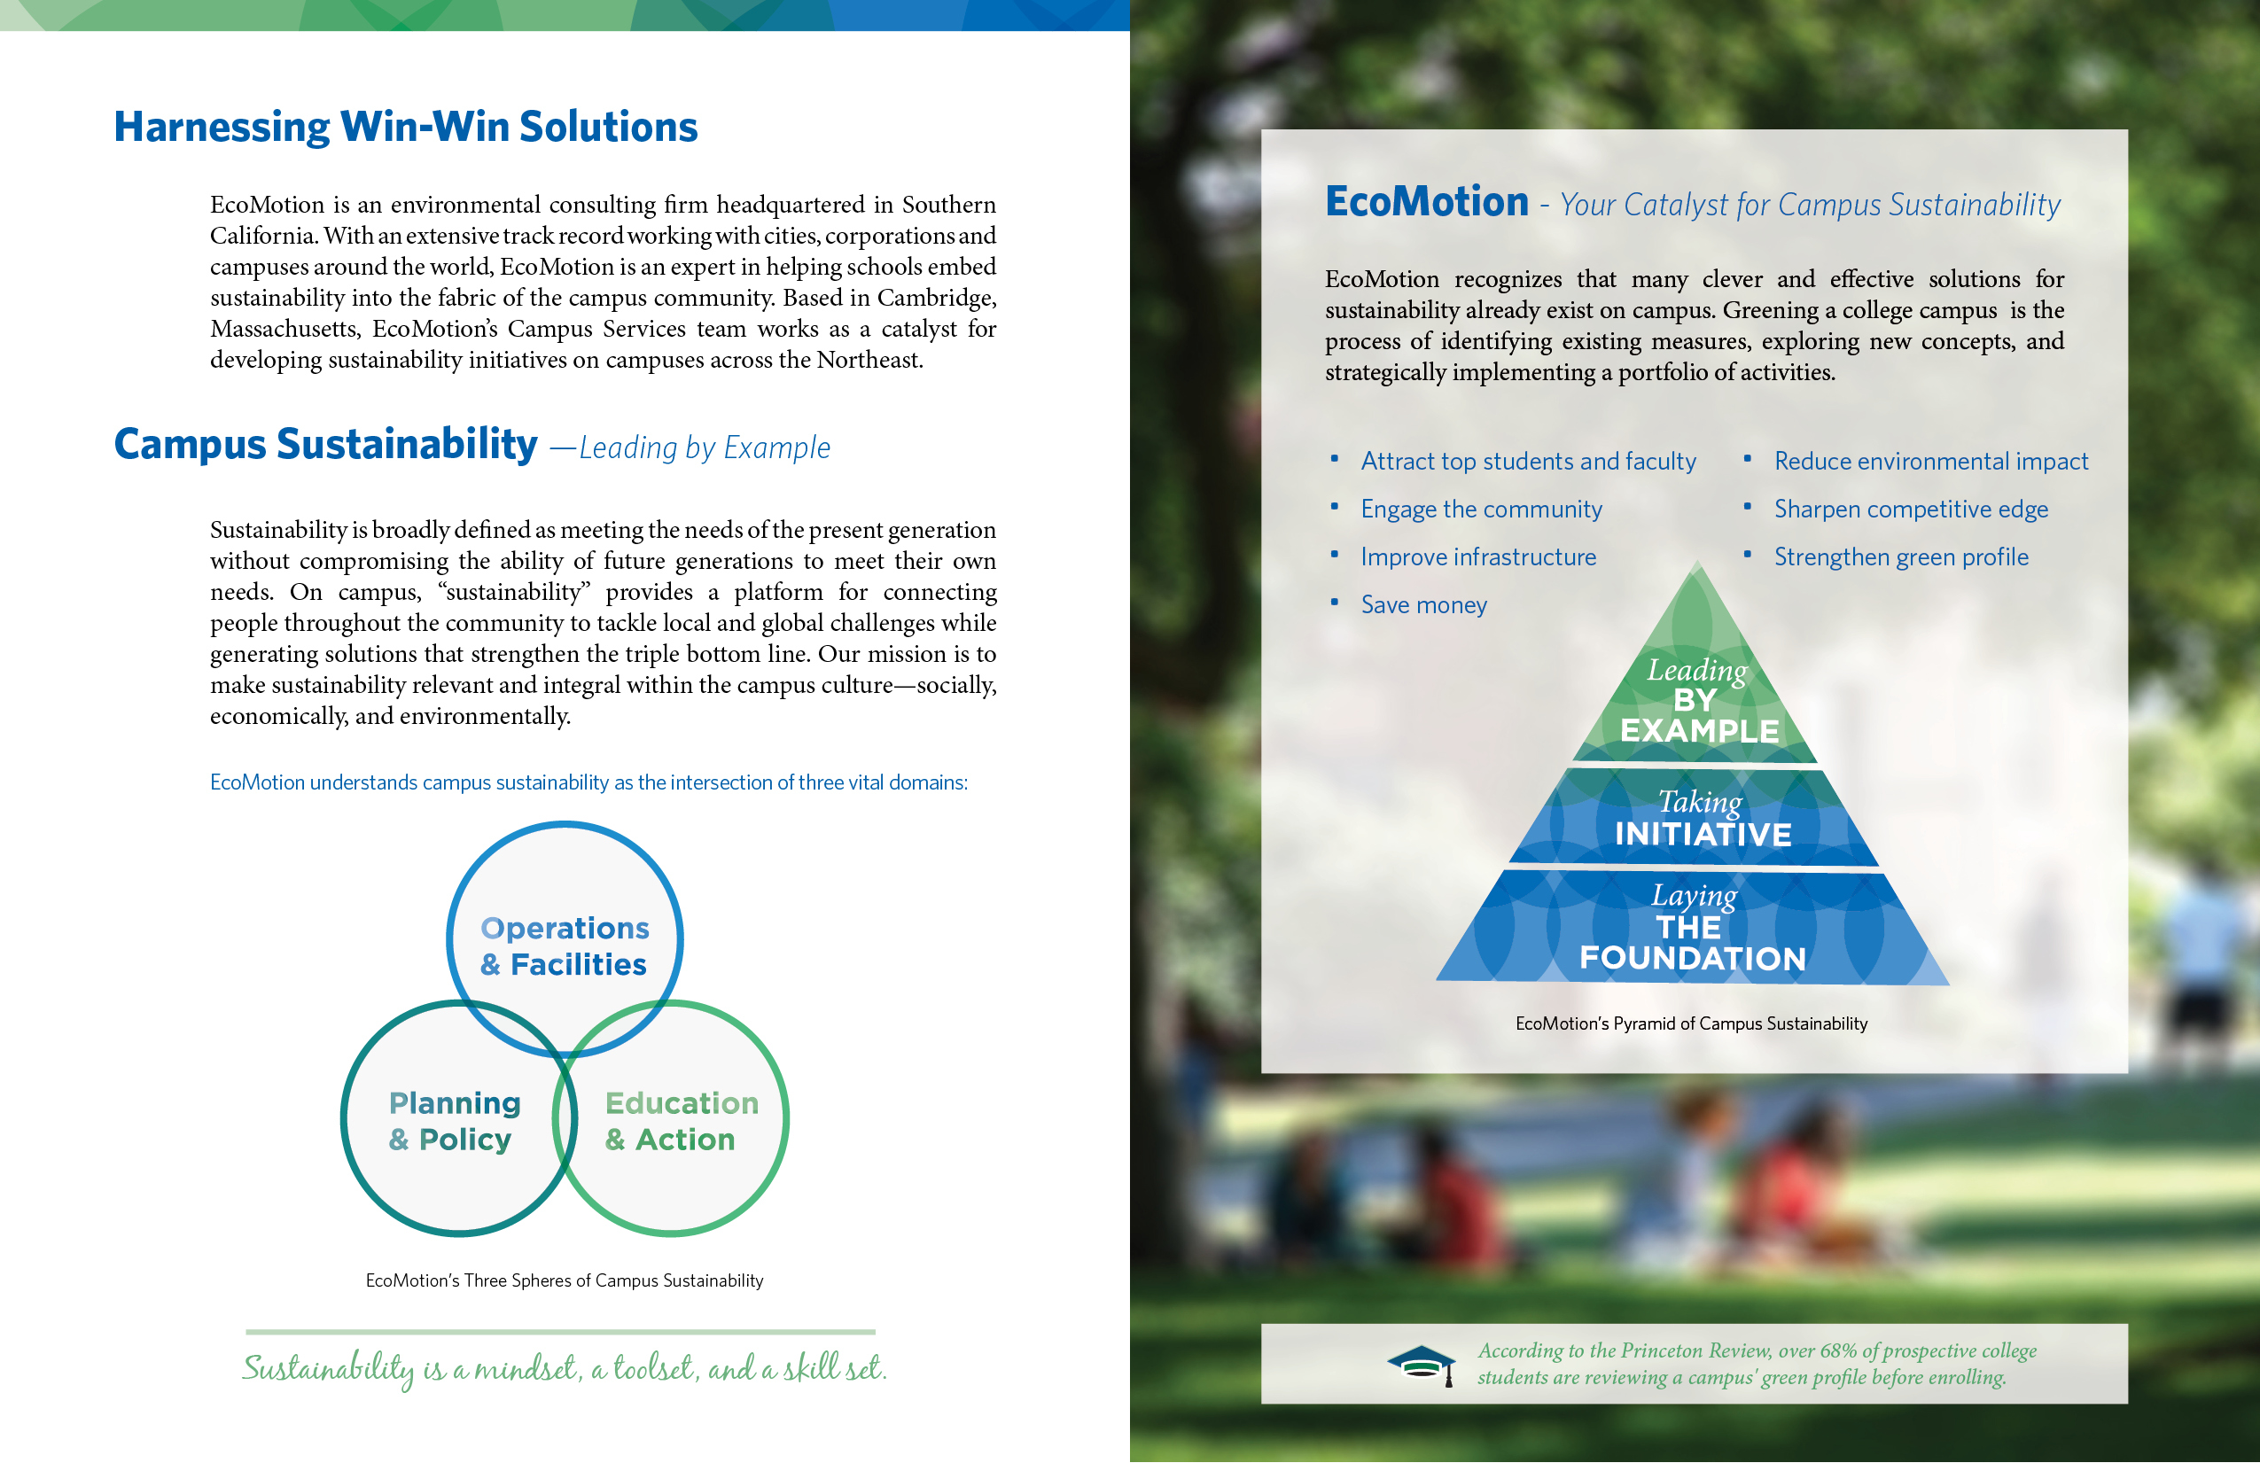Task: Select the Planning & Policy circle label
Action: coord(455,1121)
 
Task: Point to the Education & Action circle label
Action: coord(682,1121)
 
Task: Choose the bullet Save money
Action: coord(1423,604)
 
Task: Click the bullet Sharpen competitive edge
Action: coord(1911,509)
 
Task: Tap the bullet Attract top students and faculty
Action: coord(1528,462)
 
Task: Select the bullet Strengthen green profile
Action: coord(1901,557)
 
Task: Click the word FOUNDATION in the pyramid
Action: coord(1692,958)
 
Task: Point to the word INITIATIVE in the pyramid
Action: coord(1703,834)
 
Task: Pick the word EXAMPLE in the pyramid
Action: coord(1700,730)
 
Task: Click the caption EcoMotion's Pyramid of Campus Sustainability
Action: coord(1691,1023)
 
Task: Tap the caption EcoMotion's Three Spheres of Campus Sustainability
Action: coord(564,1280)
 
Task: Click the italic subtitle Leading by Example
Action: coord(705,447)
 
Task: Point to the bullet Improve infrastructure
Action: coord(1477,557)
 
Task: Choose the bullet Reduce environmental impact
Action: coord(1931,462)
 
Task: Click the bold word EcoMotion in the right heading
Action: coord(1426,201)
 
